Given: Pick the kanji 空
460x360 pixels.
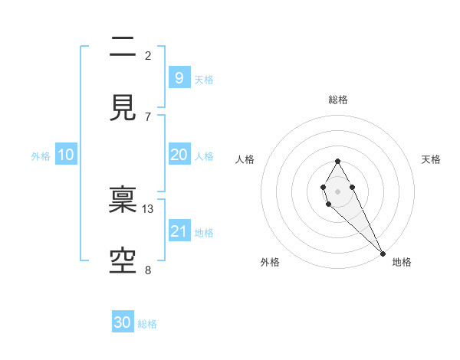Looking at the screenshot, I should click(x=123, y=260).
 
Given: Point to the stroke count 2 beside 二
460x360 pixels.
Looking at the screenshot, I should click(x=148, y=56).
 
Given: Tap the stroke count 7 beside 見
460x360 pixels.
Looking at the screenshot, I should click(x=148, y=116).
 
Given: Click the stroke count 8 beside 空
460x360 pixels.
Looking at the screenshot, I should click(x=148, y=270).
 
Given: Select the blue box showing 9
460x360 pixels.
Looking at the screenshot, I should click(x=179, y=77).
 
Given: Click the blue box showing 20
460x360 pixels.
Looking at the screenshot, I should click(x=179, y=155).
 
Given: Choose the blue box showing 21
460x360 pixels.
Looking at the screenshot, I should click(x=179, y=231).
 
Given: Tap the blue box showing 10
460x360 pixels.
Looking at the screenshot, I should click(x=66, y=155).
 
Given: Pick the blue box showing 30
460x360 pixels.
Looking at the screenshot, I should click(x=123, y=322).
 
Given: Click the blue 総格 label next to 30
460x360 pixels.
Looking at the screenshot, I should click(x=148, y=324).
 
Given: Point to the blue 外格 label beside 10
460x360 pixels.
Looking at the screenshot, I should click(x=41, y=156).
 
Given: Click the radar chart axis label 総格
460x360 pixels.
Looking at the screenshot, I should click(x=337, y=100).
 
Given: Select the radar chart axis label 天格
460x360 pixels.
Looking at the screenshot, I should click(x=431, y=159).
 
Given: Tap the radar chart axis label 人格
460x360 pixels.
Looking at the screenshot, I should click(x=245, y=159).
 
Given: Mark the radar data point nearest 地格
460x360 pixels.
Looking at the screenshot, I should click(x=383, y=253).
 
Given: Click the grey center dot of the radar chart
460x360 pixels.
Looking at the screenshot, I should click(x=337, y=190).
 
